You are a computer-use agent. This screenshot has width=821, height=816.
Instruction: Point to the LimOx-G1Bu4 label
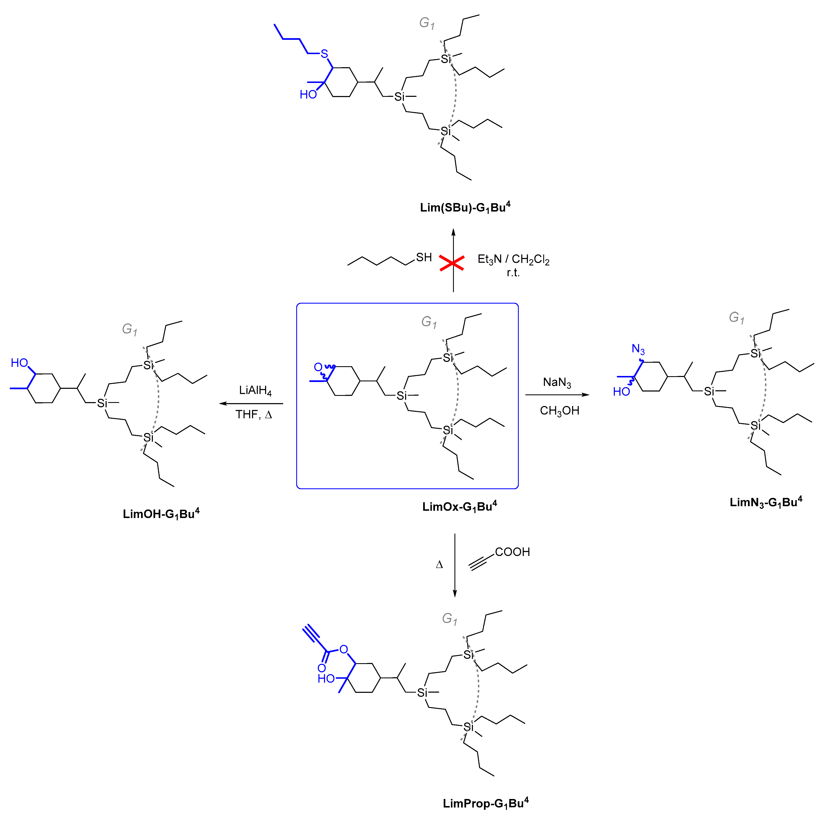(459, 506)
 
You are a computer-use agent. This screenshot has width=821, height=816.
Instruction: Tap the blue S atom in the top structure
(324, 54)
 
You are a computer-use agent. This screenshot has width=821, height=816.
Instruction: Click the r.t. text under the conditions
(513, 273)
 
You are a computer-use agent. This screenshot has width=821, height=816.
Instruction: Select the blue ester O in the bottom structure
(343, 649)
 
